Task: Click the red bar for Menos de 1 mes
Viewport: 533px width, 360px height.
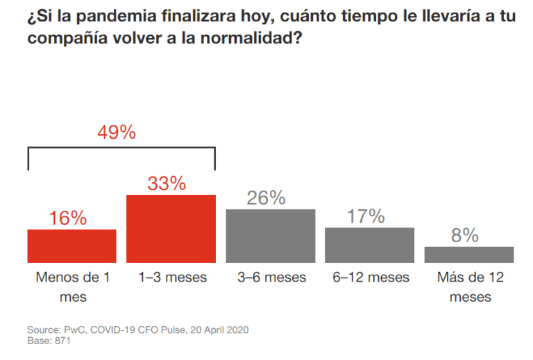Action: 71,246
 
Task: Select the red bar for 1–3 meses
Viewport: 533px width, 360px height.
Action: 171,228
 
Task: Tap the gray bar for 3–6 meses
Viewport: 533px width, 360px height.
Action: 271,236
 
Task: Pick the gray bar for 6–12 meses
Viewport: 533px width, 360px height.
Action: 369,245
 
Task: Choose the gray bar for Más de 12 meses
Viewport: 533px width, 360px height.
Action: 469,255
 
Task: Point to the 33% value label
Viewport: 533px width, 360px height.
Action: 167,184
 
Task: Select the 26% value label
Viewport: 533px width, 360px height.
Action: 266,198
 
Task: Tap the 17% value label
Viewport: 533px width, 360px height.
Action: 365,216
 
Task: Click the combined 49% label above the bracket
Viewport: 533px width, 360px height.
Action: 116,132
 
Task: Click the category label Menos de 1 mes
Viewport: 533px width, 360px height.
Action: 71,286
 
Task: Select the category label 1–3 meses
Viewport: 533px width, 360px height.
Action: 171,277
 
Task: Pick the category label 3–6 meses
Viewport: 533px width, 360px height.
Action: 271,277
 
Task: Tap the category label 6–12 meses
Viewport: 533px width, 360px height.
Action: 371,277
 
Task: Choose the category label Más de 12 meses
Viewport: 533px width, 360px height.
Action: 470,286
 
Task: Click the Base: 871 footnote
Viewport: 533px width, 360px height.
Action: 49,341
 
